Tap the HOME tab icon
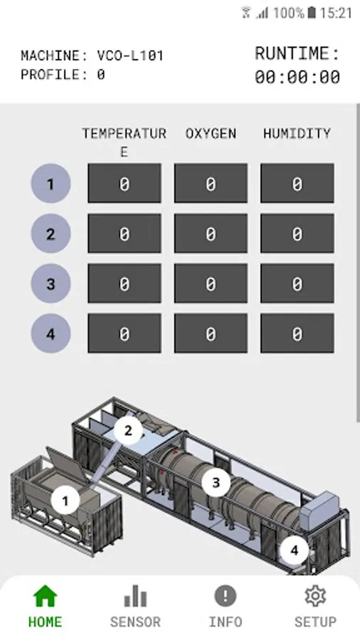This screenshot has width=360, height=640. pyautogui.click(x=45, y=596)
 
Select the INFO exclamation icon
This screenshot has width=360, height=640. pyautogui.click(x=226, y=596)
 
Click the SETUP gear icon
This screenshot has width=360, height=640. pyautogui.click(x=315, y=596)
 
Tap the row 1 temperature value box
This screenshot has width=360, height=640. pyautogui.click(x=125, y=183)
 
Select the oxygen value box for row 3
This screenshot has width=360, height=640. pyautogui.click(x=211, y=283)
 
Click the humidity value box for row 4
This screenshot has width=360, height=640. pyautogui.click(x=297, y=333)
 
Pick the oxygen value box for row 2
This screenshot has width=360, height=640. pyautogui.click(x=211, y=233)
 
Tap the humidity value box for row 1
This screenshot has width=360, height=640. pyautogui.click(x=297, y=183)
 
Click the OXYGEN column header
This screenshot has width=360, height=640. pyautogui.click(x=211, y=134)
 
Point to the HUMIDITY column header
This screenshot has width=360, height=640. pyautogui.click(x=297, y=134)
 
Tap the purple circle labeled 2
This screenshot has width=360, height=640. pyautogui.click(x=51, y=233)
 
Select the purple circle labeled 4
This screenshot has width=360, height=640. pyautogui.click(x=51, y=334)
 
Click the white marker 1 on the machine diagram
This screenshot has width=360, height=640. pyautogui.click(x=65, y=500)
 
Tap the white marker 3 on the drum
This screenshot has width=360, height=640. pyautogui.click(x=216, y=482)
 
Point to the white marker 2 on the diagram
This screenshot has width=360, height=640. pyautogui.click(x=128, y=430)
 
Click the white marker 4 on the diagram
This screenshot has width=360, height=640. pyautogui.click(x=295, y=550)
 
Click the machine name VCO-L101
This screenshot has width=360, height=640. pyautogui.click(x=130, y=55)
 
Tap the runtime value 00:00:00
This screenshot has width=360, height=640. pyautogui.click(x=297, y=77)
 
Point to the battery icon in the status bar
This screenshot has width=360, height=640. pyautogui.click(x=312, y=13)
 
